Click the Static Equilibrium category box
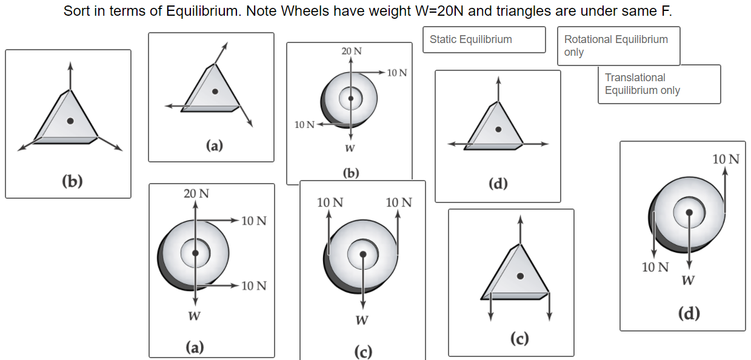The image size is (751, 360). [484, 39]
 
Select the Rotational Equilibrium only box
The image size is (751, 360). [618, 45]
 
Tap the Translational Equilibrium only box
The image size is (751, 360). [658, 84]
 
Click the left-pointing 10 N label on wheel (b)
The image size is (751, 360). [304, 125]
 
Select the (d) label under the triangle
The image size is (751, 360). [498, 184]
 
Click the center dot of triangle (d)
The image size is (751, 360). [498, 129]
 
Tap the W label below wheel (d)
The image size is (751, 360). [688, 280]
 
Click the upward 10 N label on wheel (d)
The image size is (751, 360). [726, 159]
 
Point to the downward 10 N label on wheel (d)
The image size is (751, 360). [656, 267]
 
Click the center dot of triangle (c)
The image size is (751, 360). [520, 276]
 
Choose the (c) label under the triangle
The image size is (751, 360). [519, 338]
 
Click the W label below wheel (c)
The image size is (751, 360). [361, 319]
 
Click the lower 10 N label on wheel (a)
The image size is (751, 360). [254, 286]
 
